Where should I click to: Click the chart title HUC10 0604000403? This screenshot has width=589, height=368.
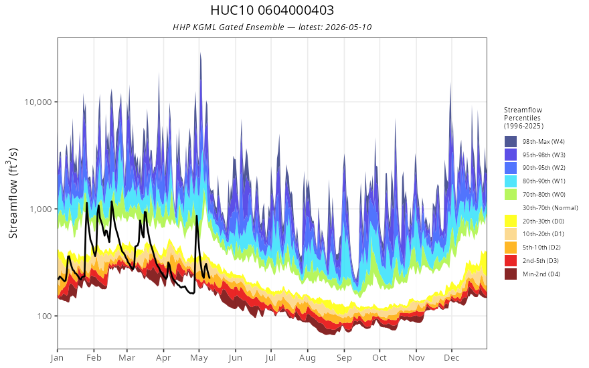point(272,10)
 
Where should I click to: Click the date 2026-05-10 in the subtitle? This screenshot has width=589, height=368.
point(348,27)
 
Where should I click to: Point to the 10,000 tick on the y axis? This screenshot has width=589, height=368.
point(37,102)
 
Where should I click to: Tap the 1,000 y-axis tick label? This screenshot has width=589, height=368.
point(41,209)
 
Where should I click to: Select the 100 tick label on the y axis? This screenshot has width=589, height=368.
point(44,316)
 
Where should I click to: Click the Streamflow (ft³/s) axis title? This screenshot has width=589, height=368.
point(13,193)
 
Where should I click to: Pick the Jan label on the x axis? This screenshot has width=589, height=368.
point(58,358)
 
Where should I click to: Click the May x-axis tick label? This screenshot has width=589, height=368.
point(199,358)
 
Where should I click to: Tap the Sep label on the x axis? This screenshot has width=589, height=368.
point(344,358)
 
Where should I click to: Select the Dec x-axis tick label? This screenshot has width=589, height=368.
point(452,358)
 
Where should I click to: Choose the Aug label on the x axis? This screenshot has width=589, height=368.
point(308,358)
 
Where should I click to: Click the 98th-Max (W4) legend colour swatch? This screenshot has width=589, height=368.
point(511,142)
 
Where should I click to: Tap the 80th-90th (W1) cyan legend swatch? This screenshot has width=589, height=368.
point(511,181)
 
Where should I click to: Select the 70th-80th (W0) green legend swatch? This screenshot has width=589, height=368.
point(511,195)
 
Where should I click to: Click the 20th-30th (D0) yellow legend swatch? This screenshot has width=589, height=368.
point(511,221)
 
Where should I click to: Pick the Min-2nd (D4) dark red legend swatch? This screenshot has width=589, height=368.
point(511,274)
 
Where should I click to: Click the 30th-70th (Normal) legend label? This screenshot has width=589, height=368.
point(550,207)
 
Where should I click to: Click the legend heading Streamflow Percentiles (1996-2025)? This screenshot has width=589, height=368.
point(523,118)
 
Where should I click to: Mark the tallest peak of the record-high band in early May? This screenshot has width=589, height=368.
point(201,54)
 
